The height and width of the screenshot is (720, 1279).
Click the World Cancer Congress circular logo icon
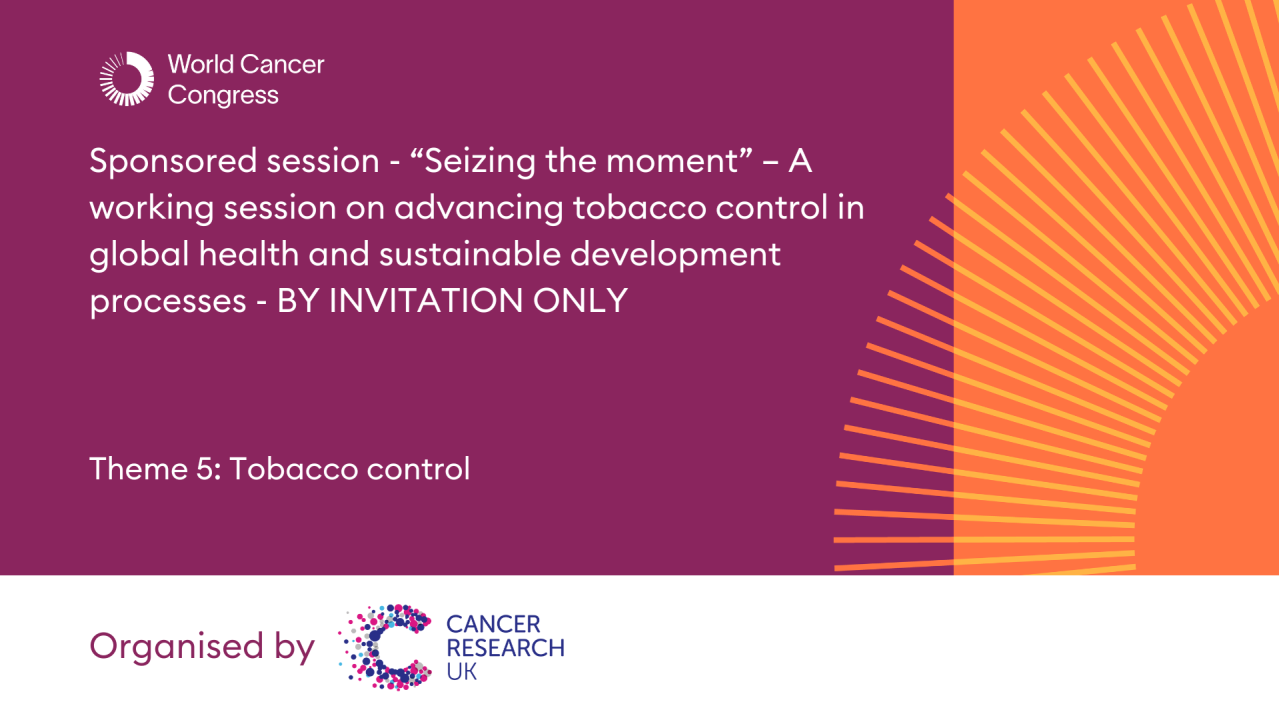[127, 79]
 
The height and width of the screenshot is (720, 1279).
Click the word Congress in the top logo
[223, 96]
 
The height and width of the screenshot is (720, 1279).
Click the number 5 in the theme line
[208, 468]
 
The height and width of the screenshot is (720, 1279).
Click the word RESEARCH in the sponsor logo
[505, 648]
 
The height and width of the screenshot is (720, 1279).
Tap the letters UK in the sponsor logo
[461, 671]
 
